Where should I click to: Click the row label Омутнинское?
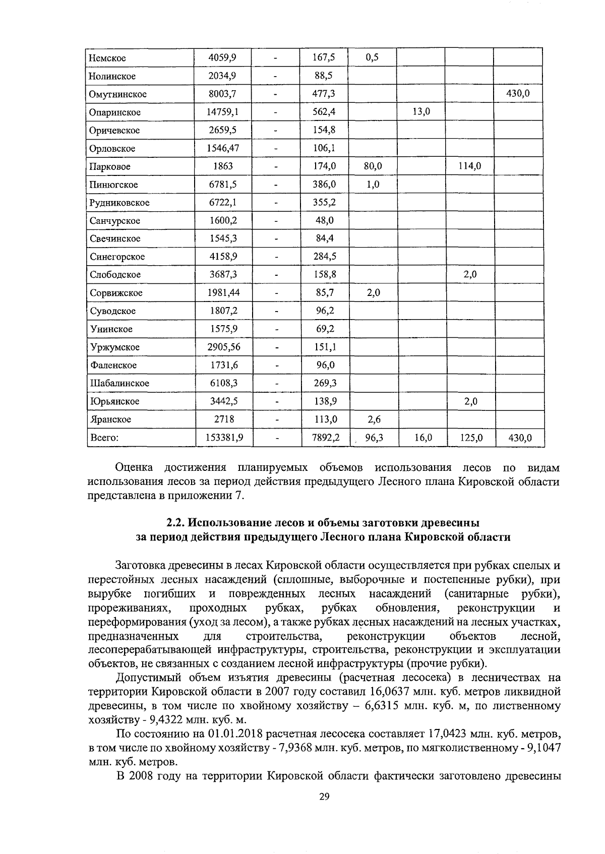[118, 94]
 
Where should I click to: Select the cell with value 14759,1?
[223, 112]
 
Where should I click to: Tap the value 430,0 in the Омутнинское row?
[518, 94]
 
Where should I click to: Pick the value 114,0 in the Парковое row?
[469, 166]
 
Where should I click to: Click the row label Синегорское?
[117, 257]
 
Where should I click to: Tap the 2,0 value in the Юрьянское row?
[470, 401]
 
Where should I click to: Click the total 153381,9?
[224, 438]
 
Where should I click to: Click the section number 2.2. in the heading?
[177, 522]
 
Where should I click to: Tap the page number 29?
[324, 796]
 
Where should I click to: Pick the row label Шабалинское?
[119, 383]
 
